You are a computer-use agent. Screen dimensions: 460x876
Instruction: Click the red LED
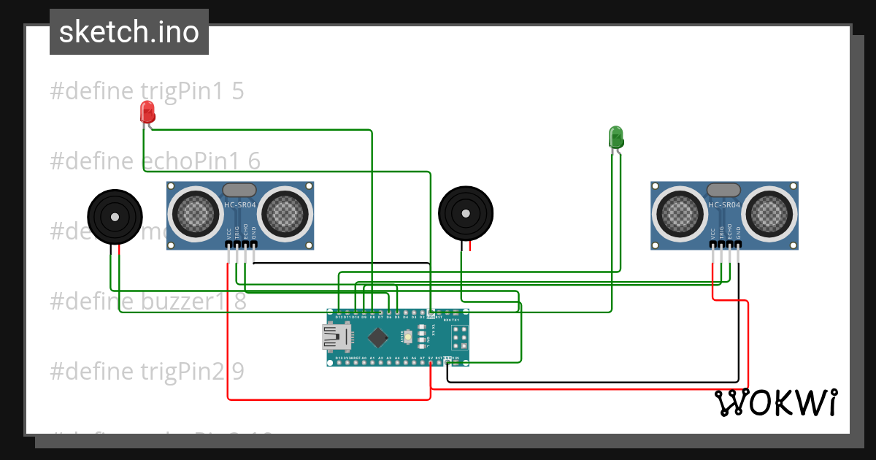(147, 112)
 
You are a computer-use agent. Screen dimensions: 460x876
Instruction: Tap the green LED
(616, 137)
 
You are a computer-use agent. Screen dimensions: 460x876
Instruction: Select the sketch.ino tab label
(129, 32)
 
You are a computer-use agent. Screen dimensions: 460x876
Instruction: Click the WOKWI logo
(775, 403)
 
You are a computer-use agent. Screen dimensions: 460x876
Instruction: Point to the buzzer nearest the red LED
(115, 216)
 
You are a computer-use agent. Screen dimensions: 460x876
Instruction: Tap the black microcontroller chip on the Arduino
(377, 337)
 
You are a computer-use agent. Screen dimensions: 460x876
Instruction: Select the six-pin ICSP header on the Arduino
(459, 337)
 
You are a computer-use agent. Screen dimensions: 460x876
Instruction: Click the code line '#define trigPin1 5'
(147, 91)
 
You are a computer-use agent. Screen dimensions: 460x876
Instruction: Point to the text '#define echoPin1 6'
(155, 161)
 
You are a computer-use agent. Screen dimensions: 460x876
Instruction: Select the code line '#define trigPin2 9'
(147, 372)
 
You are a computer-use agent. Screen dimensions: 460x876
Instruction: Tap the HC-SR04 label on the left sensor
(240, 205)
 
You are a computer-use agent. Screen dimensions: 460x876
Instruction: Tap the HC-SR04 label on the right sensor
(724, 205)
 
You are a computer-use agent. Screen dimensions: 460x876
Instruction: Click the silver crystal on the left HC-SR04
(239, 190)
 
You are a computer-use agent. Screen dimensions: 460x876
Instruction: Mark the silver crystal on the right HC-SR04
(723, 190)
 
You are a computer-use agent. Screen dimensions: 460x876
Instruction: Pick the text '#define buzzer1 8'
(148, 302)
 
